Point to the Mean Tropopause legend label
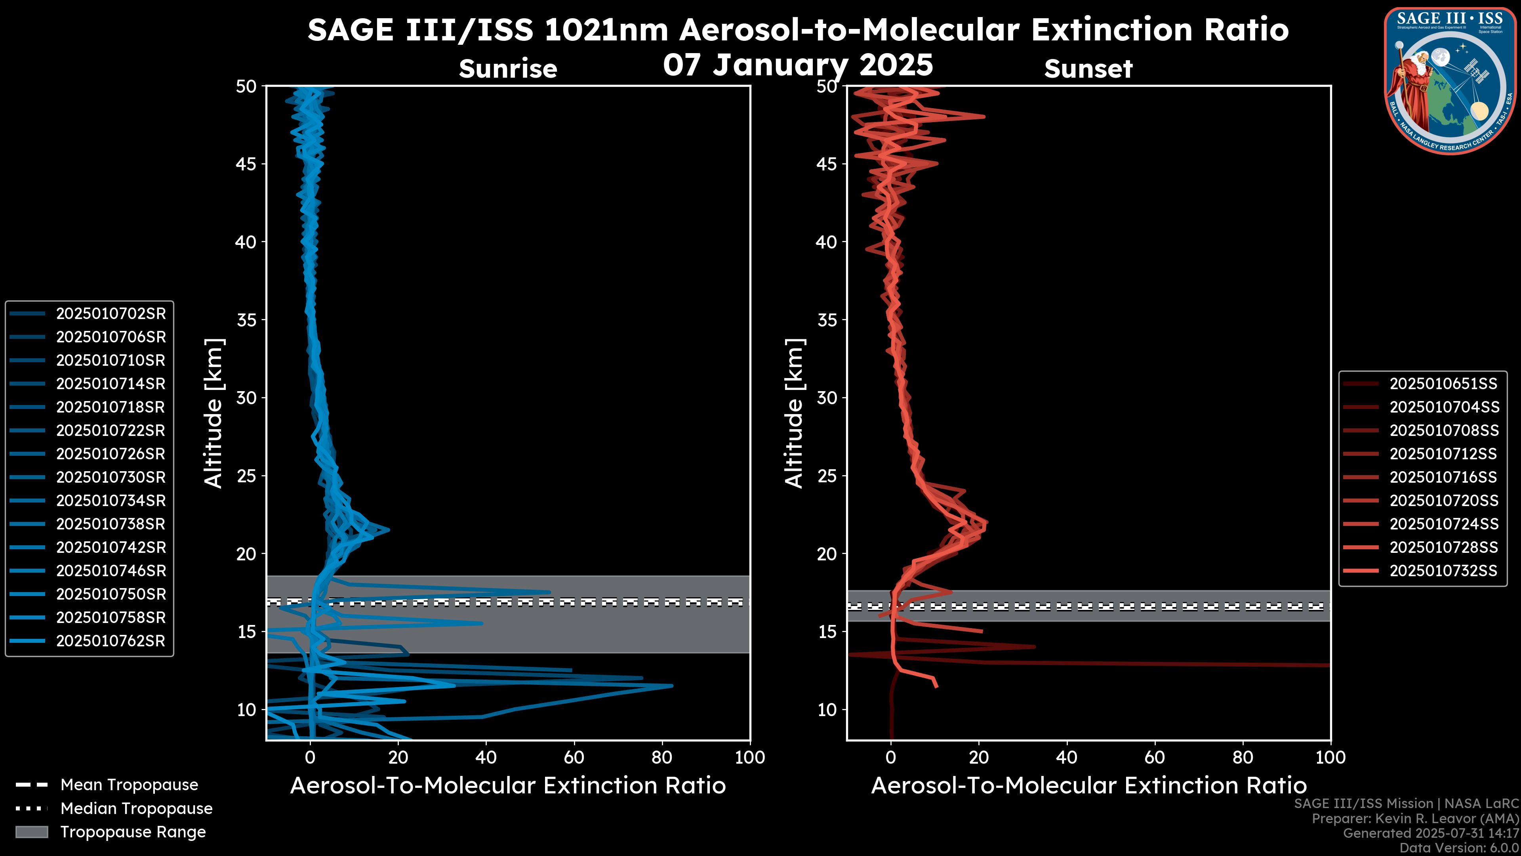129,785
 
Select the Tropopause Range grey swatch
31,832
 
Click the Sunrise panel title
508,69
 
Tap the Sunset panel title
1088,69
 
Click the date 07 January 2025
798,65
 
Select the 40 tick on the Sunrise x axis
486,757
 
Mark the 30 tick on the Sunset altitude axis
827,397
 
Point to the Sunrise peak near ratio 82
671,686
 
